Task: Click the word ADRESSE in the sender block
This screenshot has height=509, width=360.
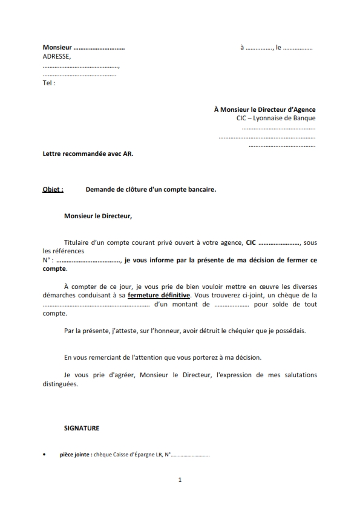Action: (x=56, y=57)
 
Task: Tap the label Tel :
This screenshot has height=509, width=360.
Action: (x=49, y=83)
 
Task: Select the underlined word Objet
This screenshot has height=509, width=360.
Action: (x=53, y=189)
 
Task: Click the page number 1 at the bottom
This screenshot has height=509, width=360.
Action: (x=180, y=480)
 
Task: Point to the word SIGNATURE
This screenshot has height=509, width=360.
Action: (x=82, y=428)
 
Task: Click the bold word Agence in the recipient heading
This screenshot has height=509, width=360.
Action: (x=302, y=109)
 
